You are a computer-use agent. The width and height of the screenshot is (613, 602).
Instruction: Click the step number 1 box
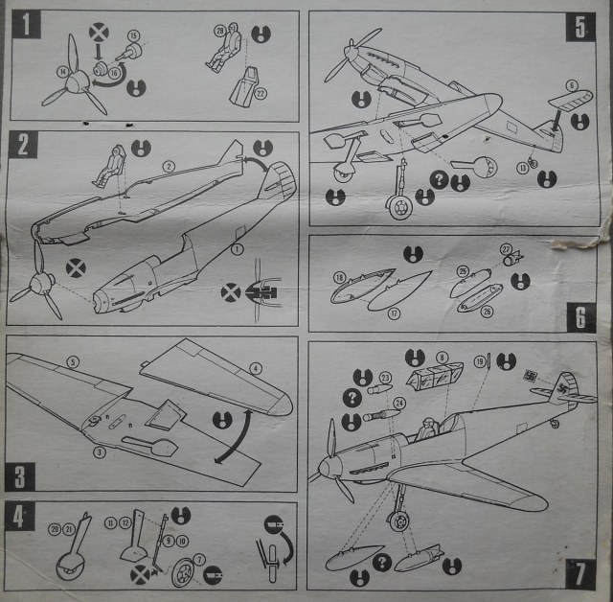[x=27, y=23]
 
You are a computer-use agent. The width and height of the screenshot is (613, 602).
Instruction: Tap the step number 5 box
[x=579, y=26]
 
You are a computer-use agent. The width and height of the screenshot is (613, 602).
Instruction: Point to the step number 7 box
[x=579, y=573]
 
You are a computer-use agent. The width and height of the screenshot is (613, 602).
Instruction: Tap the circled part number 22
[x=261, y=92]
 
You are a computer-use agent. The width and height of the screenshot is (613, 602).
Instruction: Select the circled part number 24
[x=398, y=404]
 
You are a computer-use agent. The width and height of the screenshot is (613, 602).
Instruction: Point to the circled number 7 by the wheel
[x=199, y=559]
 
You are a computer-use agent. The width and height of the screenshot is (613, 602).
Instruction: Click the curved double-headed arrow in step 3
[x=236, y=436]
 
